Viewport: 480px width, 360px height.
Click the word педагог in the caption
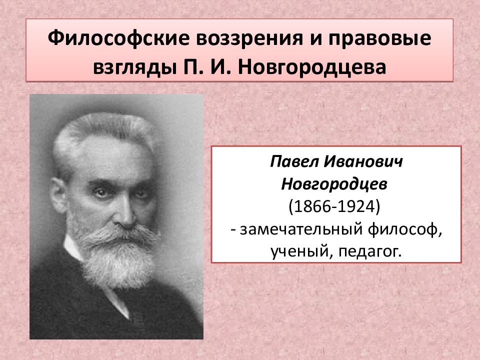370,252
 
